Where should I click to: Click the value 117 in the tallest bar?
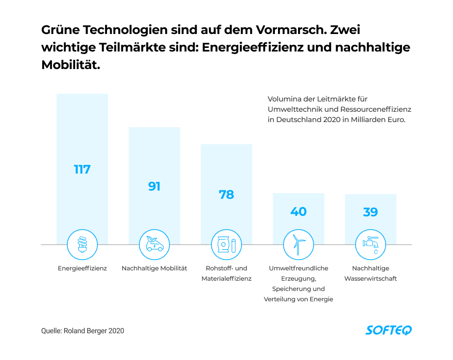pos(82,169)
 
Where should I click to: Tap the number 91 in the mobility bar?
pos(154,186)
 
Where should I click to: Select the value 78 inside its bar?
pos(226,195)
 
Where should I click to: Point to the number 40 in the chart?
pos(299,212)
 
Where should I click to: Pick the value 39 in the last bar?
pos(371,212)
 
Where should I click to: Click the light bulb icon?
pos(82,244)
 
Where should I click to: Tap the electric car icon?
pos(154,244)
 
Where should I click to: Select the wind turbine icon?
pos(299,244)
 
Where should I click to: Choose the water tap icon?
pos(371,244)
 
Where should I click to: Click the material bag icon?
pos(226,244)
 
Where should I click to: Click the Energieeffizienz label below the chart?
pos(82,268)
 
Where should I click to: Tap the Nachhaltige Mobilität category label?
pos(154,268)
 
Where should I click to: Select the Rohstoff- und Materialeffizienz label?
pos(226,273)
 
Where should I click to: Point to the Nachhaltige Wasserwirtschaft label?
pos(371,273)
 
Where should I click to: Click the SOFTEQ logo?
pos(389,330)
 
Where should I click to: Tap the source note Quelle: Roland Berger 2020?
pos(83,331)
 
